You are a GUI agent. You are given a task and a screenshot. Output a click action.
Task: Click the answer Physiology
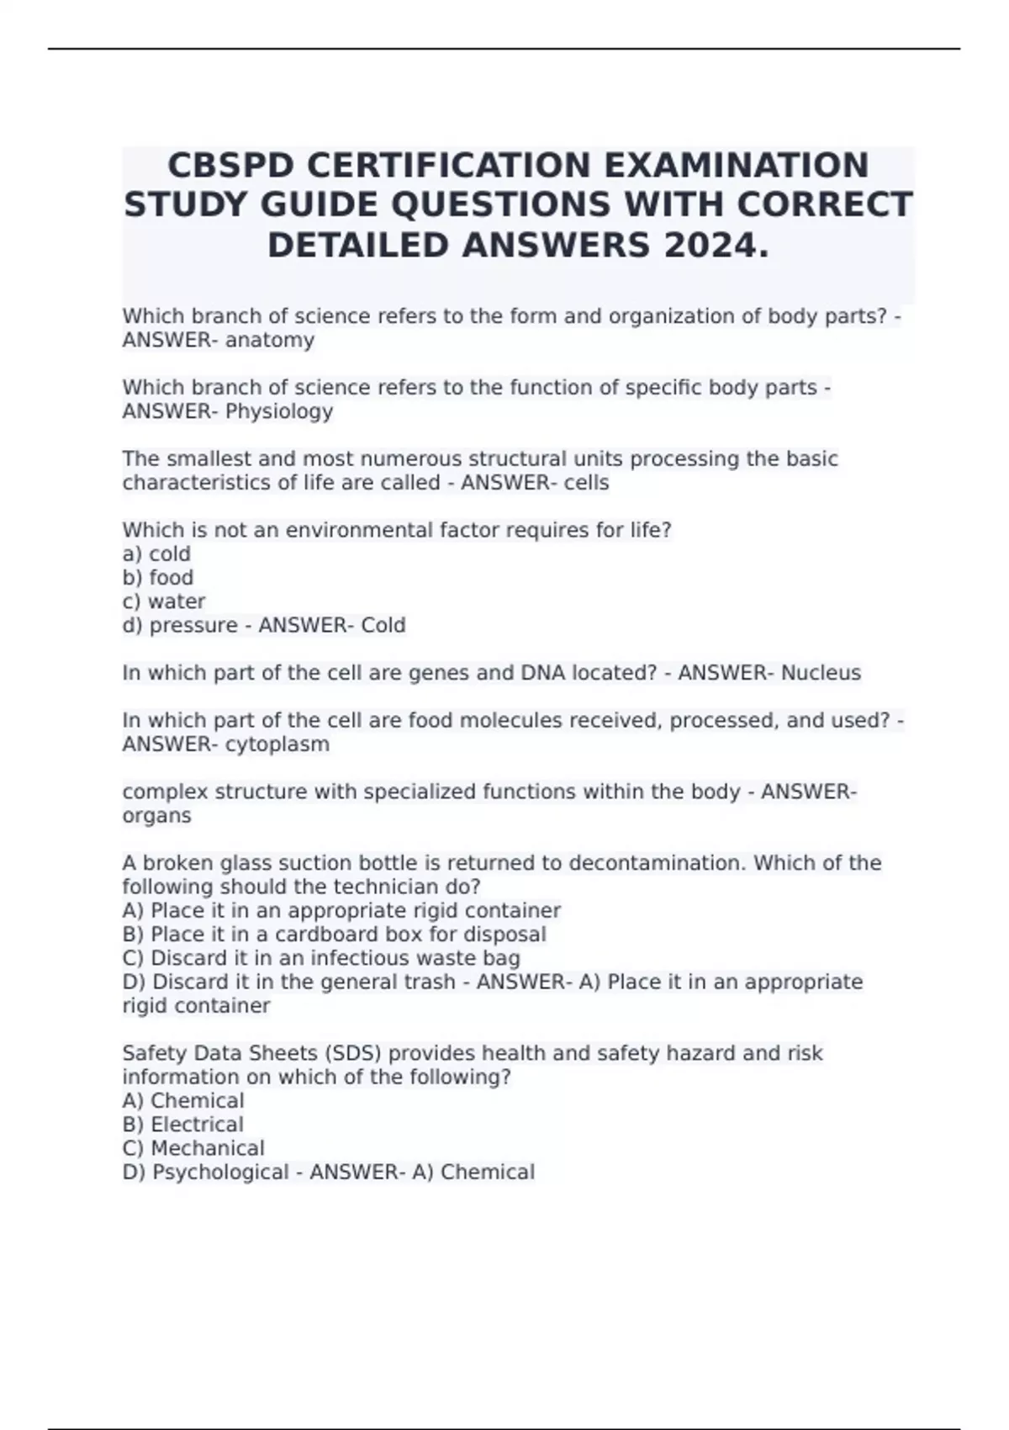[279, 411]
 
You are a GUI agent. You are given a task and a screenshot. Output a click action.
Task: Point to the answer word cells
[588, 483]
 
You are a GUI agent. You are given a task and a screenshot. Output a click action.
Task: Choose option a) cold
[156, 553]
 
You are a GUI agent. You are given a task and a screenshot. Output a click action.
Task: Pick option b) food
[158, 578]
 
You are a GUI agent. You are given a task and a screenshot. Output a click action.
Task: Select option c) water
[164, 601]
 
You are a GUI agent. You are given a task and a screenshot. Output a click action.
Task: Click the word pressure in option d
[193, 626]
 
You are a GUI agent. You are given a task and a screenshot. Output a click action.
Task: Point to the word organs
[156, 816]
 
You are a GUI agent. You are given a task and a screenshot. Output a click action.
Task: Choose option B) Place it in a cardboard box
[334, 935]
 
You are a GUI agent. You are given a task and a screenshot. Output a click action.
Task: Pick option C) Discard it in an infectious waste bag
[321, 958]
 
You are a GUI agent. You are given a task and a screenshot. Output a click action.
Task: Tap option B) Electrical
[183, 1125]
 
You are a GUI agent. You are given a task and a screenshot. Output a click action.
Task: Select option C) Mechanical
[193, 1148]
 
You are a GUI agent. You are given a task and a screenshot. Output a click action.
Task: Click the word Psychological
[220, 1173]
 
